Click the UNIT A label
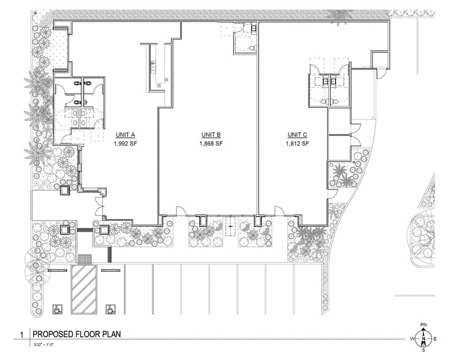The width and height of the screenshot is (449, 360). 125,135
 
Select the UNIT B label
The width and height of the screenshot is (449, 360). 211,135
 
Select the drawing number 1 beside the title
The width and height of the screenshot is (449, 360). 21,335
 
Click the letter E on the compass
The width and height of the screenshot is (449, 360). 434,338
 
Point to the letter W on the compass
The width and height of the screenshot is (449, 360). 412,338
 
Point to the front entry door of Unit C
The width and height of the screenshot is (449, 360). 279,212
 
